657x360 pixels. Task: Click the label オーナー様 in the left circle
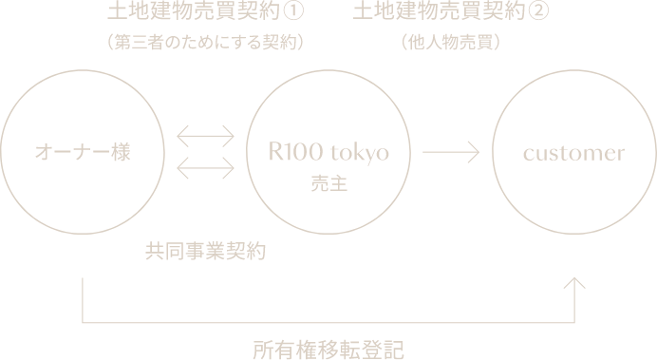click(82, 152)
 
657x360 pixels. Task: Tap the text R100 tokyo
click(329, 152)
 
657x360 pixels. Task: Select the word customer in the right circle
click(574, 152)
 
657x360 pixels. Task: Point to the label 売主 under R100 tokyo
click(328, 182)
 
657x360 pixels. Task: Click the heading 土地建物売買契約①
click(206, 13)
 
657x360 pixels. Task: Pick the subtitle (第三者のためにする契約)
click(206, 43)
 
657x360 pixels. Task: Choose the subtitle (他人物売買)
click(452, 43)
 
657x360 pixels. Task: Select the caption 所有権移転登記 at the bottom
click(328, 349)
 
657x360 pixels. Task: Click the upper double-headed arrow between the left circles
click(206, 135)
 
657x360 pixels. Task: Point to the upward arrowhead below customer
click(574, 283)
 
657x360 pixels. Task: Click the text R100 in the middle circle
click(294, 152)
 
